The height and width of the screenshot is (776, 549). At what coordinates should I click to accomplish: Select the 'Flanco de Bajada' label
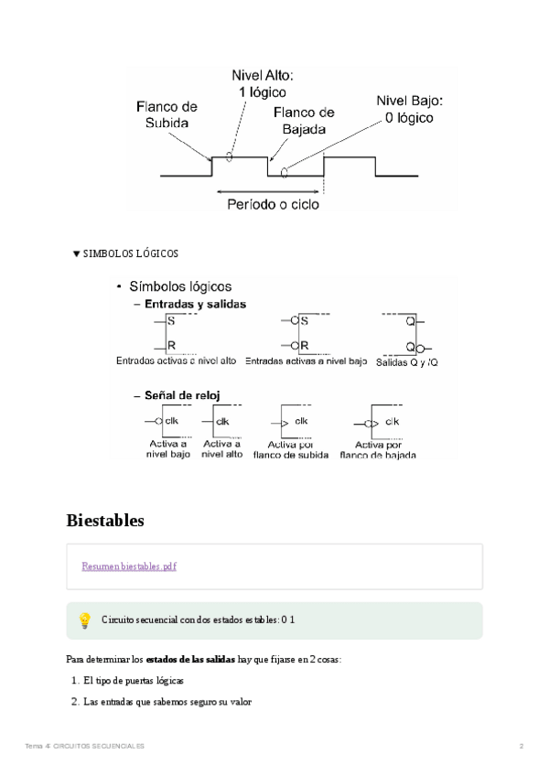[x=303, y=121]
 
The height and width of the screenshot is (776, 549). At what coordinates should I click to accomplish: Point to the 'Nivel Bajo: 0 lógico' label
[x=409, y=110]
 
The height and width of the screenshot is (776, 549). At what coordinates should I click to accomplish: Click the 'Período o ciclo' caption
[x=273, y=205]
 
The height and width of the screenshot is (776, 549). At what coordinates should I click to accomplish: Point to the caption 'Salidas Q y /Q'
[x=407, y=362]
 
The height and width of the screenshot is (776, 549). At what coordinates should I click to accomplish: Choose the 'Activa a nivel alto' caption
[x=222, y=448]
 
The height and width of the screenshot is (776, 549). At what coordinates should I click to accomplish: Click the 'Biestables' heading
[x=105, y=521]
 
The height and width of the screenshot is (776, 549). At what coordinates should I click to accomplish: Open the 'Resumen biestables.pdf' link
[x=128, y=566]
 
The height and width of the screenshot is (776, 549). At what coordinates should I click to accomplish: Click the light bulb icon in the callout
[x=84, y=620]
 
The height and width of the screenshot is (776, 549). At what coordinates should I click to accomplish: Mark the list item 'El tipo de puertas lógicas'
[x=134, y=681]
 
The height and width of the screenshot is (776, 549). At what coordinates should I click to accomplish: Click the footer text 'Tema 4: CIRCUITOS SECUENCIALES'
[x=85, y=747]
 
